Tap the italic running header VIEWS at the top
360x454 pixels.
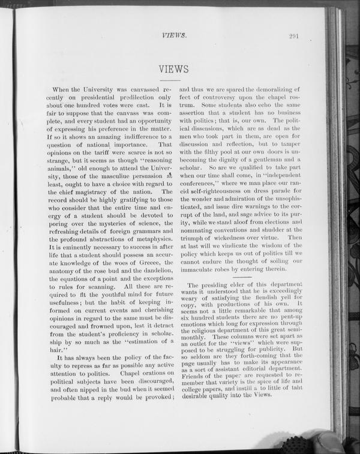point(175,35)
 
